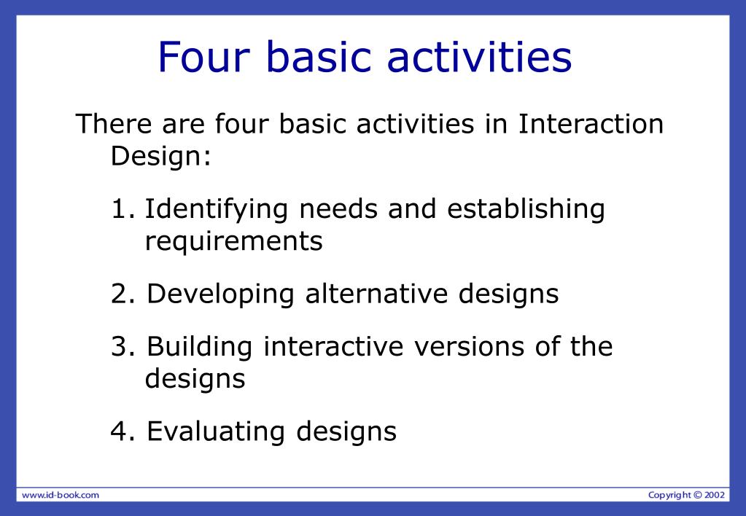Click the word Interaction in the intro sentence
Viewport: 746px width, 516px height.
click(591, 125)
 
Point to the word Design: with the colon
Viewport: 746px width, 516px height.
click(160, 156)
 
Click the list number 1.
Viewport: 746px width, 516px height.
click(123, 210)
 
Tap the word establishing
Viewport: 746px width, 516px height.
click(526, 210)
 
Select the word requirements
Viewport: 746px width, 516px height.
click(233, 241)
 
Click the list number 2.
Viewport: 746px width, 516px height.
click(123, 294)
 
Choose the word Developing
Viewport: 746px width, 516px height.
click(221, 294)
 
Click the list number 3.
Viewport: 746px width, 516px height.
click(123, 347)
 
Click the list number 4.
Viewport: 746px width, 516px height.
click(123, 431)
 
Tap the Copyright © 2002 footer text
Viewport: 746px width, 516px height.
click(686, 495)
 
